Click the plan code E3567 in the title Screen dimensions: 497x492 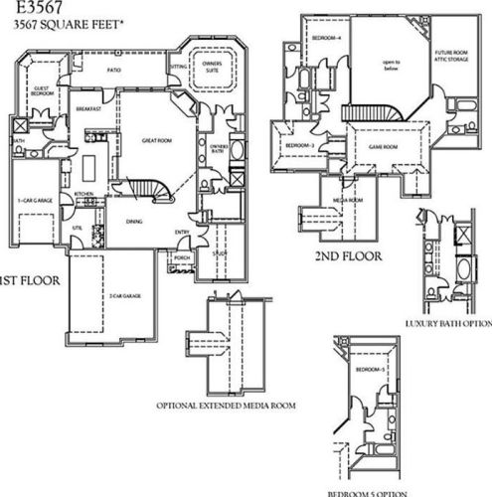pos(31,8)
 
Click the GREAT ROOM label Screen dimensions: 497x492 pos(157,141)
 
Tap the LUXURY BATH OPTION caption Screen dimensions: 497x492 pos(448,324)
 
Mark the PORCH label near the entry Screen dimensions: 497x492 pos(182,257)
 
